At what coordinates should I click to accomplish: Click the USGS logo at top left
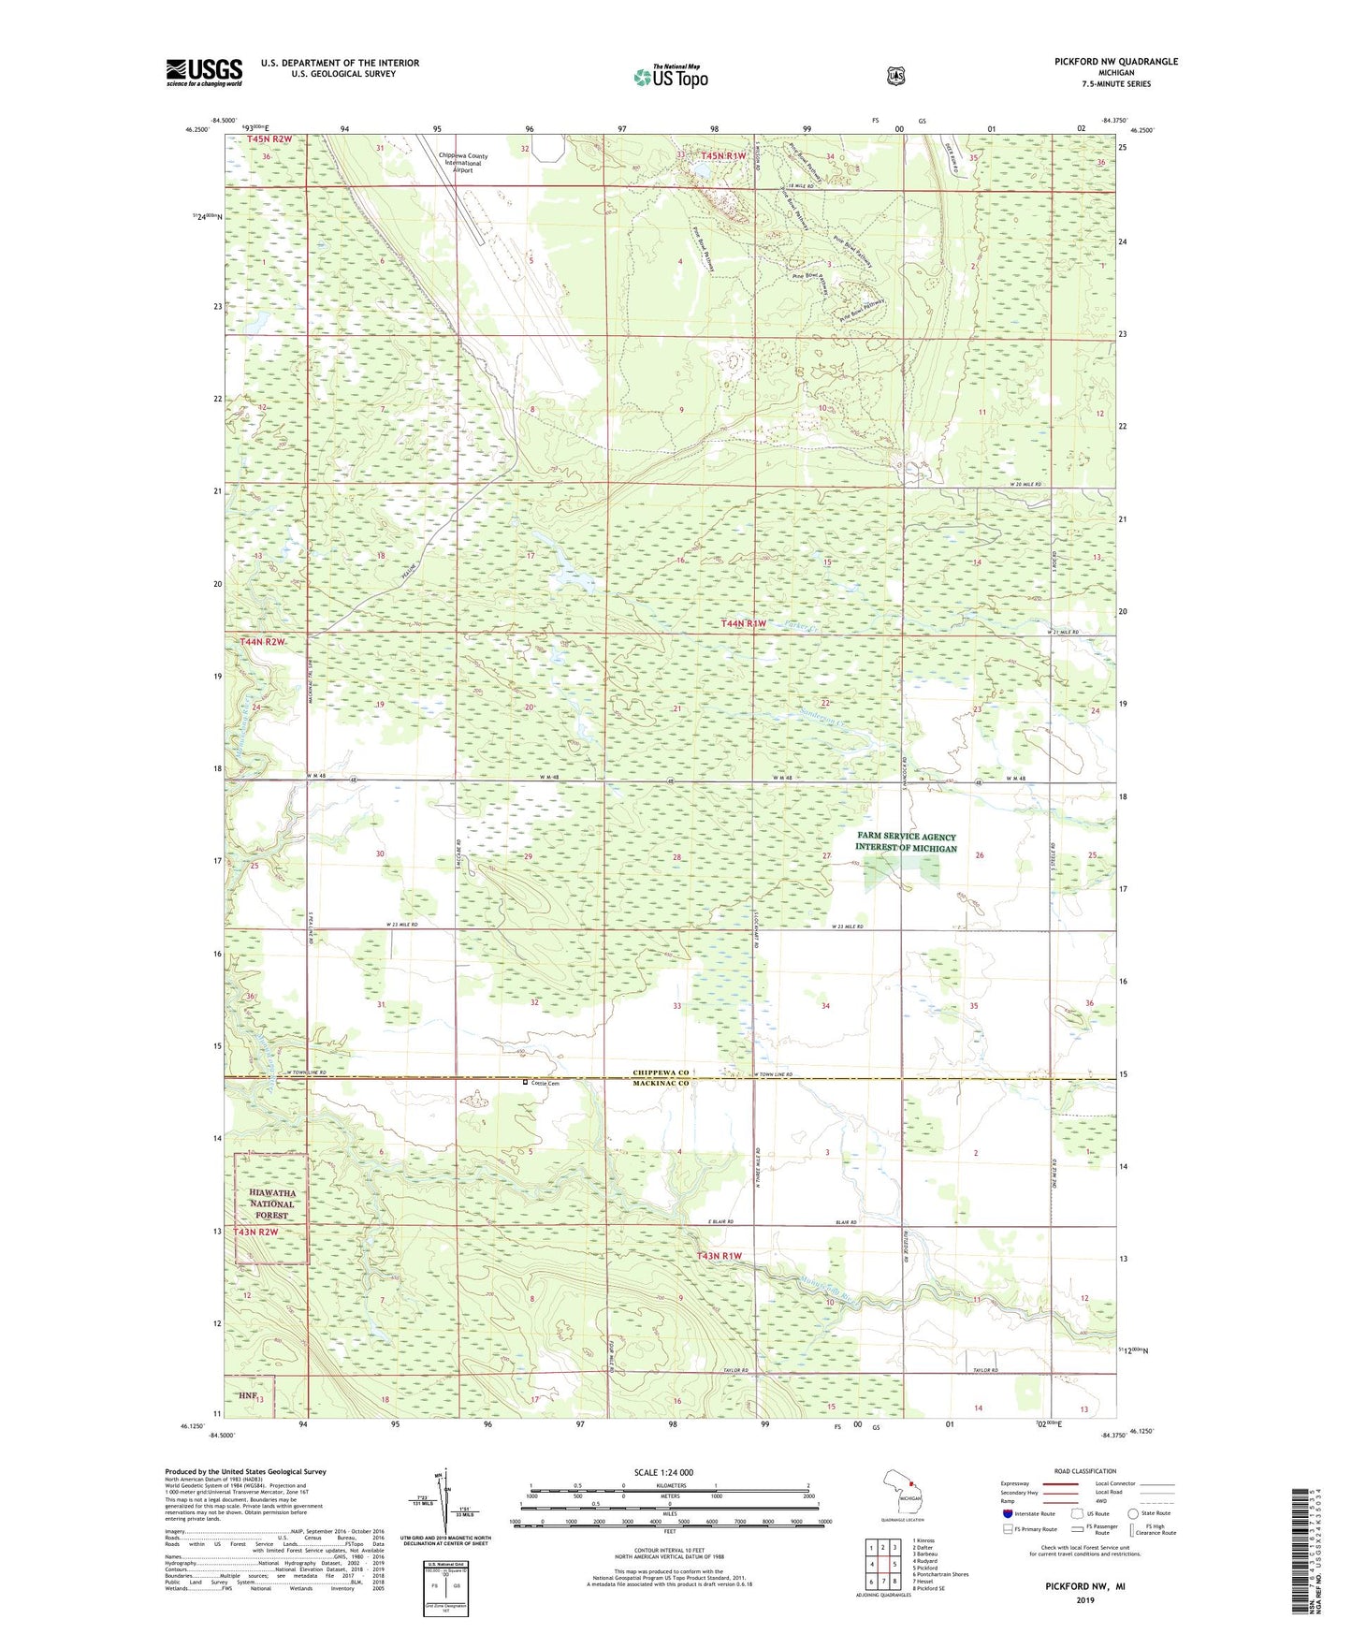click(x=204, y=72)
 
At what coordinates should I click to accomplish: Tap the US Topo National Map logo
click(x=670, y=77)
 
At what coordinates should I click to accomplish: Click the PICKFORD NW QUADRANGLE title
click(x=1115, y=62)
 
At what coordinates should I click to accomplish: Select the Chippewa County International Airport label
click(x=457, y=163)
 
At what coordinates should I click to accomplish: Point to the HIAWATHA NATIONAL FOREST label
click(x=271, y=1204)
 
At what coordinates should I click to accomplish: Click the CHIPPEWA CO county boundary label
click(x=661, y=1072)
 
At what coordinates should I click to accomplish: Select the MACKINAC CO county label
click(x=661, y=1084)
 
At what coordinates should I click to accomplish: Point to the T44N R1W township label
click(x=743, y=623)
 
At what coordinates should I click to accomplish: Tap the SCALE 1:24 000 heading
click(x=663, y=1472)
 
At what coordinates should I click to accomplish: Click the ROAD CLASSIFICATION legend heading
click(x=1086, y=1471)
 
